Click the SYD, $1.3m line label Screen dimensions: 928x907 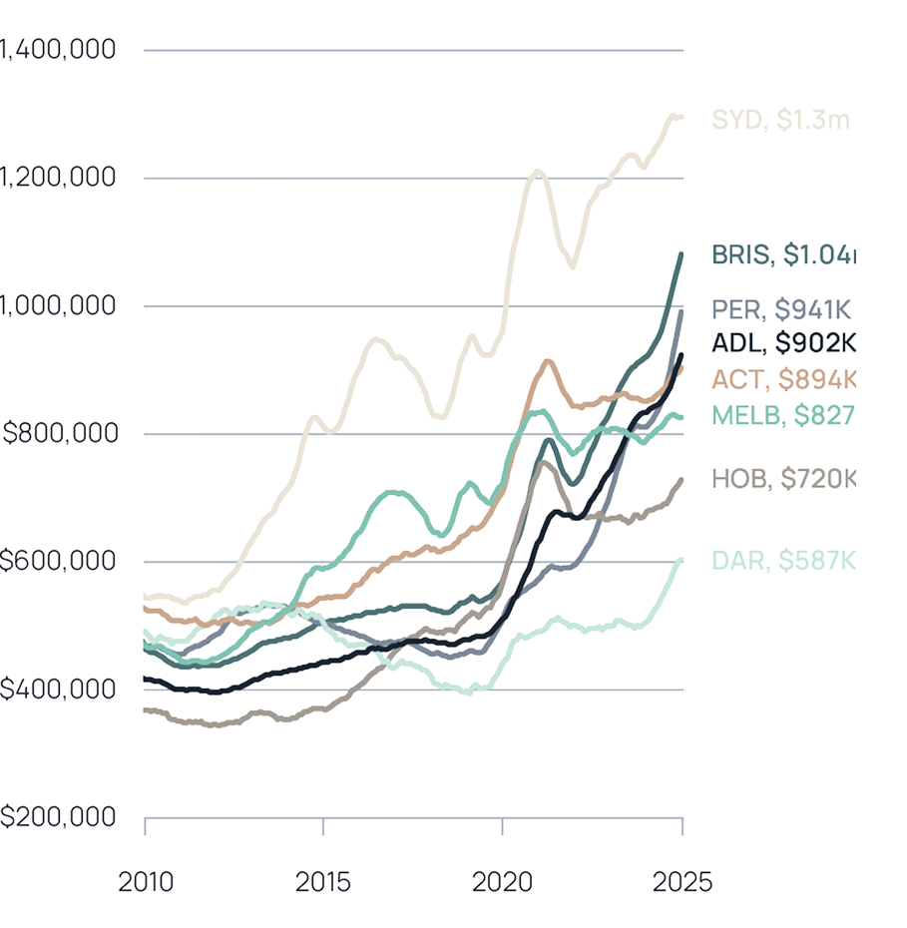point(780,121)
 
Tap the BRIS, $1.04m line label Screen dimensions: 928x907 point(783,254)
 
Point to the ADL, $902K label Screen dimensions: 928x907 point(783,343)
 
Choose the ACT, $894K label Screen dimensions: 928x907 point(783,379)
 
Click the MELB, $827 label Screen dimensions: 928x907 point(783,414)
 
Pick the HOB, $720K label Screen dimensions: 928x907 point(783,479)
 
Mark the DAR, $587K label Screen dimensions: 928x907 point(783,561)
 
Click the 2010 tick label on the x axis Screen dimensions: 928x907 point(145,882)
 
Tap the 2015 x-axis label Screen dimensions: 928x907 point(324,882)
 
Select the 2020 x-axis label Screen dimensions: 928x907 point(504,882)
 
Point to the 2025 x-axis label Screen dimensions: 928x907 point(682,882)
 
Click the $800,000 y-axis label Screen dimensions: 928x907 point(58,434)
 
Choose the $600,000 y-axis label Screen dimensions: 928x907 point(58,562)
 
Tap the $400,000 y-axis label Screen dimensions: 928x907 point(58,690)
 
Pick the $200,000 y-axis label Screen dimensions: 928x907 point(58,817)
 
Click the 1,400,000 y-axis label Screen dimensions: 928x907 point(58,50)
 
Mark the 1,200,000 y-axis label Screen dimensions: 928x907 point(58,179)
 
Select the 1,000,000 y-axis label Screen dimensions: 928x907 point(58,306)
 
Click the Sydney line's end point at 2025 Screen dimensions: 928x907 point(682,117)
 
